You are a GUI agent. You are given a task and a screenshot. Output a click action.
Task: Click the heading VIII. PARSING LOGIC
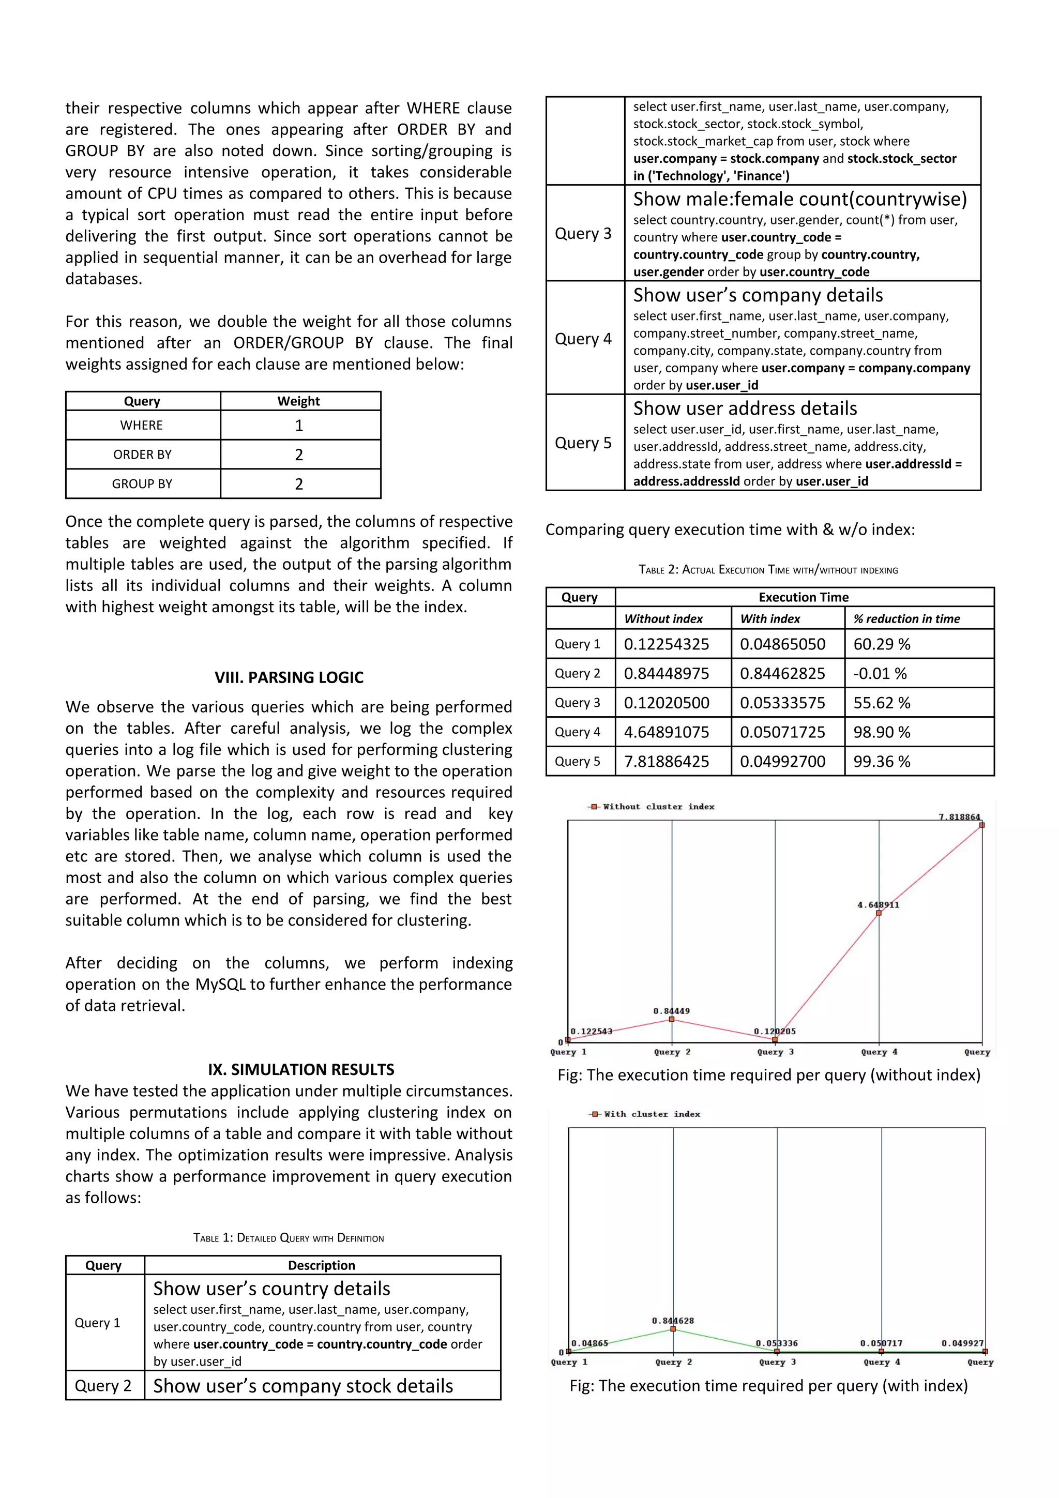[x=289, y=677]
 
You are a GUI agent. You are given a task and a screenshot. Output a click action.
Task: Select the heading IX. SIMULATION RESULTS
[x=301, y=1069]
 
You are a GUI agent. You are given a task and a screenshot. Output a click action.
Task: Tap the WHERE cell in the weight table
[x=142, y=426]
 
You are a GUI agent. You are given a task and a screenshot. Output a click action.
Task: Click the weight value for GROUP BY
[x=299, y=484]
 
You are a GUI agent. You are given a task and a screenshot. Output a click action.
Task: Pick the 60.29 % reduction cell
[x=882, y=644]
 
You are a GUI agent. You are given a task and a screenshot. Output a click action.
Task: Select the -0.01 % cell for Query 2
[x=880, y=673]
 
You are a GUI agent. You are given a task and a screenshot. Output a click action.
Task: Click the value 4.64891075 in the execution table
[x=666, y=732]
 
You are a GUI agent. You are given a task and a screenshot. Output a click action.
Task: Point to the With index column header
[x=770, y=618]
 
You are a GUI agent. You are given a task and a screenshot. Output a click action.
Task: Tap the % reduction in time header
[x=907, y=618]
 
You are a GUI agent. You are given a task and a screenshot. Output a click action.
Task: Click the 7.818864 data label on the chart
[x=959, y=817]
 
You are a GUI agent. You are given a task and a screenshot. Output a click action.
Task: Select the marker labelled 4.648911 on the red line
[x=879, y=913]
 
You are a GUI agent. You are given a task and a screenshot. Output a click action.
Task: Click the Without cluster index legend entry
[x=653, y=807]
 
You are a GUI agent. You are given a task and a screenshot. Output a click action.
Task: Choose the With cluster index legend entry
[x=646, y=1114]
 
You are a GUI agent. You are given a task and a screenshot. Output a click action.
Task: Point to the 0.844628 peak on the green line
[x=673, y=1329]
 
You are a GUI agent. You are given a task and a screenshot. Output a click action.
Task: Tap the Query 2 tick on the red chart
[x=672, y=1052]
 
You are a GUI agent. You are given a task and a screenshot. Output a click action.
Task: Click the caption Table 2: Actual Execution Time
[x=768, y=570]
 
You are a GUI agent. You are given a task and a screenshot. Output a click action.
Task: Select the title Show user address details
[x=745, y=408]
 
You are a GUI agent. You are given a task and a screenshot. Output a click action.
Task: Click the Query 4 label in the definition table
[x=583, y=339]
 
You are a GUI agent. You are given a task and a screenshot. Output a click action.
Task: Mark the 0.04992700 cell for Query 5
[x=782, y=761]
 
